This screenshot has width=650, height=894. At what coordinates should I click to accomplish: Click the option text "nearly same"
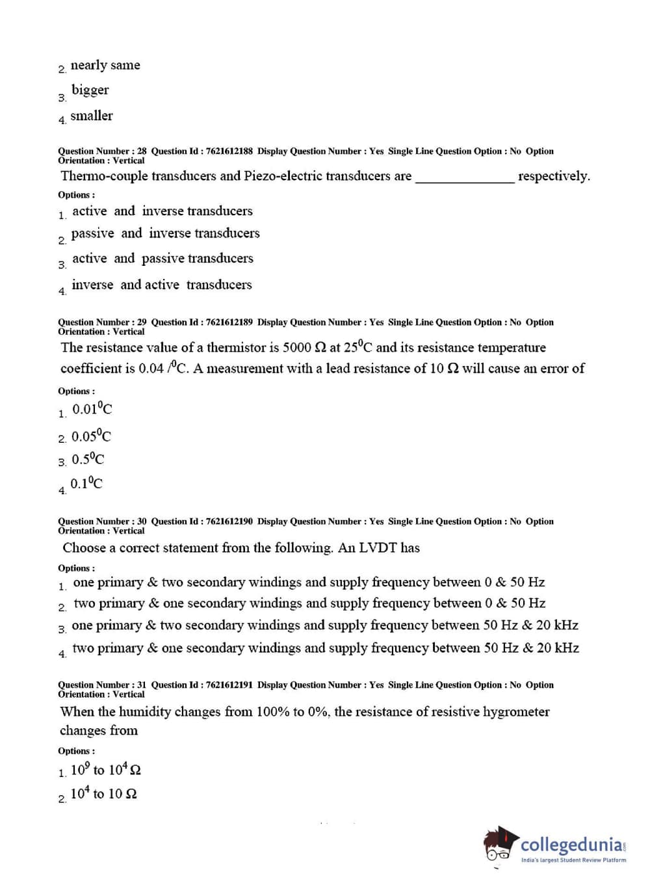[105, 66]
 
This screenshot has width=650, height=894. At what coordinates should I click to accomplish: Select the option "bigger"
[90, 90]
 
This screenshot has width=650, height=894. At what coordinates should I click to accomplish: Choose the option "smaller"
[91, 116]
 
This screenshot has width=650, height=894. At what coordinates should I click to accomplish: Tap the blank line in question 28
[464, 177]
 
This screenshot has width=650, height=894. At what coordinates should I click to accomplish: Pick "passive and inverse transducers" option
[165, 233]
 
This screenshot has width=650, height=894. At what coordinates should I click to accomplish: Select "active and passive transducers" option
[162, 259]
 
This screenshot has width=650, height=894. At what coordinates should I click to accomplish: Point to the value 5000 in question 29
[297, 348]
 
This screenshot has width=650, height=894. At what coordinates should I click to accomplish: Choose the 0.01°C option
[92, 410]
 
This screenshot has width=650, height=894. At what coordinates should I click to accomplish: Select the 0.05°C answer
[91, 436]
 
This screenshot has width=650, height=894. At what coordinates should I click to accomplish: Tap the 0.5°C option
[88, 460]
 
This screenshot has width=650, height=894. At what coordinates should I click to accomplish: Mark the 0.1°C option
[86, 484]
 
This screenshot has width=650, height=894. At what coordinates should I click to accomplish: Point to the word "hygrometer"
[516, 712]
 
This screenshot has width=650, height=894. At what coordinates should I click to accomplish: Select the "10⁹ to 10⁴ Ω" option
[105, 770]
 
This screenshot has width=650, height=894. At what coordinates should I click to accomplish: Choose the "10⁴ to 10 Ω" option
[103, 795]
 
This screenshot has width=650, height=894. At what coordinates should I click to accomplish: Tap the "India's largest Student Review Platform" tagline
[573, 860]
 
